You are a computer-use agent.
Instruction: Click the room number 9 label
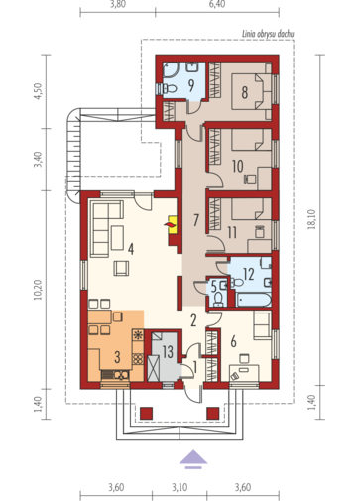coord(190,85)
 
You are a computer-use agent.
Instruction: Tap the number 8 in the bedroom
coord(244,92)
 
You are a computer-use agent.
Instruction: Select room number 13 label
coord(168,351)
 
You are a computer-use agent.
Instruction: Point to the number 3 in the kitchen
coord(117,357)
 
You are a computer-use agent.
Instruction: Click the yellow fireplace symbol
coord(173,225)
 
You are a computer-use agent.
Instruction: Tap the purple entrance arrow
coord(193,459)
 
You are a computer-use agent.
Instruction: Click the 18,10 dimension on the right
coord(312,219)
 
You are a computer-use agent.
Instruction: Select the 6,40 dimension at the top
coord(217,4)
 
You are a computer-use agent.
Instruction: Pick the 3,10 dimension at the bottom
coord(180,487)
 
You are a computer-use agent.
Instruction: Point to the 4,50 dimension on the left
coord(39,91)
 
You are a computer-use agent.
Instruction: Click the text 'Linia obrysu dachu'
coord(268,34)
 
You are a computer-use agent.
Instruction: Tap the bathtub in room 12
coord(254,299)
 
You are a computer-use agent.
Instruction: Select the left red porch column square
coord(147,414)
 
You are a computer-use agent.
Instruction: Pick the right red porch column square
coord(213,414)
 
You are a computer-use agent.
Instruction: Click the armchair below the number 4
coord(121,268)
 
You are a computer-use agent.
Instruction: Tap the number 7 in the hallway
coord(196,220)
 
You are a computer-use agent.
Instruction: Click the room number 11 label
coord(232,232)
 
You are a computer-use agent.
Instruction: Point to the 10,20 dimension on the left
coord(39,290)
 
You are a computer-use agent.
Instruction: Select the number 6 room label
coord(233,341)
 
